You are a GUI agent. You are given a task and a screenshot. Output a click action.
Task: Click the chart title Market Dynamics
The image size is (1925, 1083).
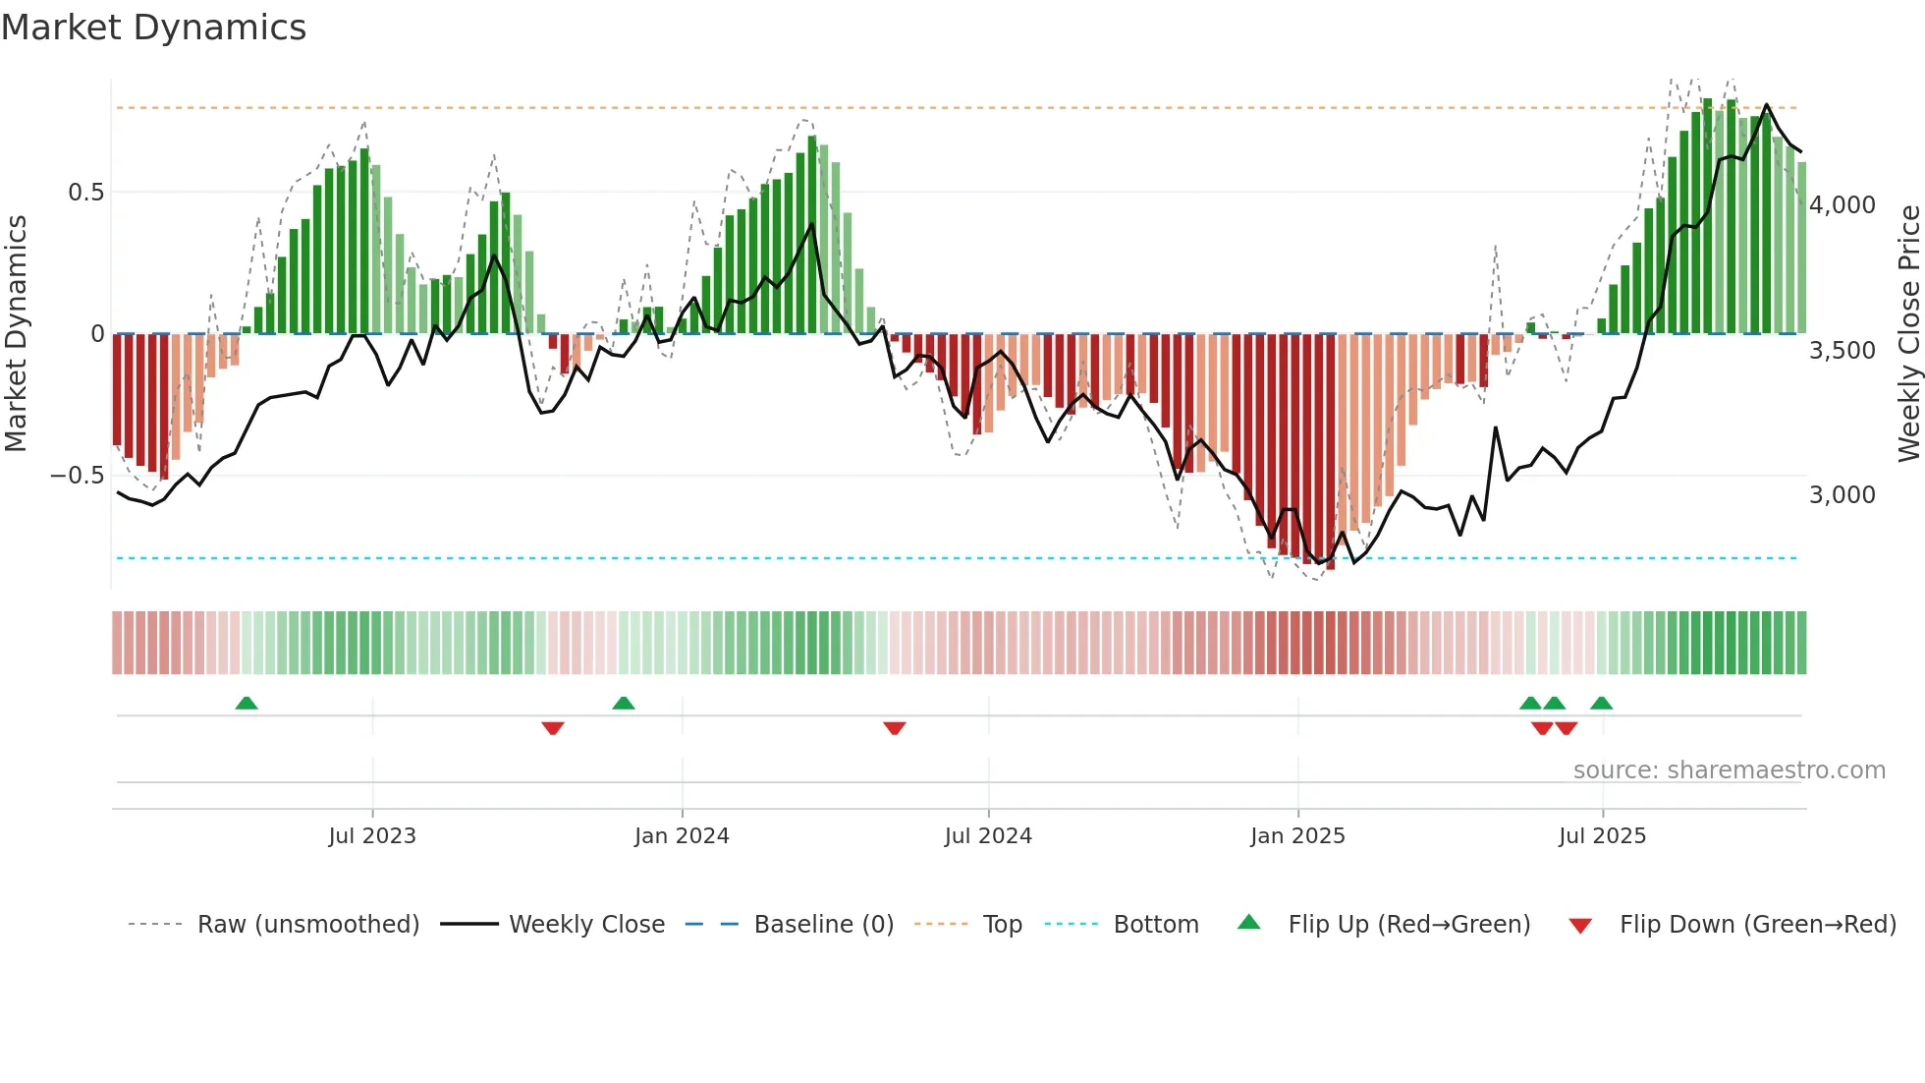[x=153, y=28]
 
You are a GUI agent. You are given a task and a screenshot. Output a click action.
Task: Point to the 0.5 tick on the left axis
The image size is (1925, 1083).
[x=85, y=193]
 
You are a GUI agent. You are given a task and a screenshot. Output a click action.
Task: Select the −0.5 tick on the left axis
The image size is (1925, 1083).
[x=77, y=476]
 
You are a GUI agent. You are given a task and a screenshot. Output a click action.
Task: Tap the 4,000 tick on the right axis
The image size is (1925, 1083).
[x=1842, y=205]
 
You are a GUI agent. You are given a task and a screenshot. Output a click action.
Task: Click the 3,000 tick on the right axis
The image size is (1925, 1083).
[x=1842, y=495]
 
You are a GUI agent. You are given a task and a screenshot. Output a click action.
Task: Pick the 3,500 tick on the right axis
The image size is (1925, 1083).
[x=1842, y=351]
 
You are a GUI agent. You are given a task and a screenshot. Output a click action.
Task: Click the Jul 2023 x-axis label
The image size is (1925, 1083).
[x=372, y=836]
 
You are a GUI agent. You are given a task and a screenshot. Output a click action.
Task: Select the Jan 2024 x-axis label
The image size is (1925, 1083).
[x=682, y=836]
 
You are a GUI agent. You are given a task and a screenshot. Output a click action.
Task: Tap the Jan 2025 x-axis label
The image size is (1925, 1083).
[x=1297, y=836]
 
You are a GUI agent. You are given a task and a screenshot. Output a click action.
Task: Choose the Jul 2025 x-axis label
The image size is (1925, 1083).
[x=1602, y=836]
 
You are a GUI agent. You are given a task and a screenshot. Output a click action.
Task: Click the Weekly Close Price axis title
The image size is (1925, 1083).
[x=1908, y=334]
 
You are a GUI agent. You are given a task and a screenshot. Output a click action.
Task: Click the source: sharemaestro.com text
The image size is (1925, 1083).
[x=1729, y=770]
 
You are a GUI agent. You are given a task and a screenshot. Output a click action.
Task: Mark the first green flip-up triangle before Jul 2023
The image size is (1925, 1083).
[x=247, y=704]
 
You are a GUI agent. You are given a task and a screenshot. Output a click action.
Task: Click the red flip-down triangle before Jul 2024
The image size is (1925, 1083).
[x=894, y=728]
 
